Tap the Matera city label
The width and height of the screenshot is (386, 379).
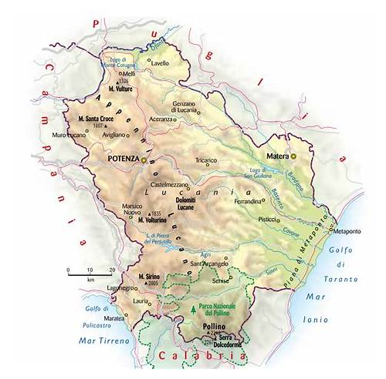tap(276, 156)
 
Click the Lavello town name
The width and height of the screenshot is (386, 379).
tap(161, 63)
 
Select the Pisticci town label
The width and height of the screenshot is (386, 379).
tap(268, 219)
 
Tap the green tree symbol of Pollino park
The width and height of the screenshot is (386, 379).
tap(191, 310)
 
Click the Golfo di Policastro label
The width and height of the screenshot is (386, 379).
tap(70, 314)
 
